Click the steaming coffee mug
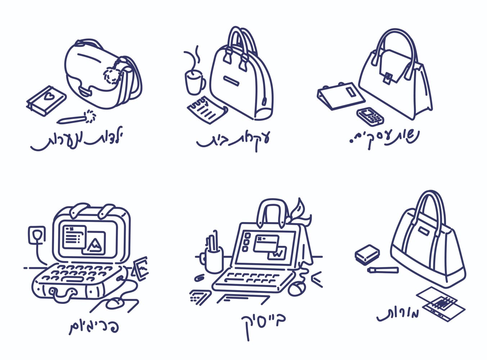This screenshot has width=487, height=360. click(194, 82)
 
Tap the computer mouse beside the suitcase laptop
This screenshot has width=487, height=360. click(116, 303)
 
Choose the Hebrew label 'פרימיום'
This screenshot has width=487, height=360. click(94, 326)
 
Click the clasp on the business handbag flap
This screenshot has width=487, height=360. click(388, 77)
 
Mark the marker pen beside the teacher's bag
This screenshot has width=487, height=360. click(383, 269)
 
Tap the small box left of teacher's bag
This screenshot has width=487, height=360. click(367, 254)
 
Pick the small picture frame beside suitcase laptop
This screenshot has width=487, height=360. click(141, 268)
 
